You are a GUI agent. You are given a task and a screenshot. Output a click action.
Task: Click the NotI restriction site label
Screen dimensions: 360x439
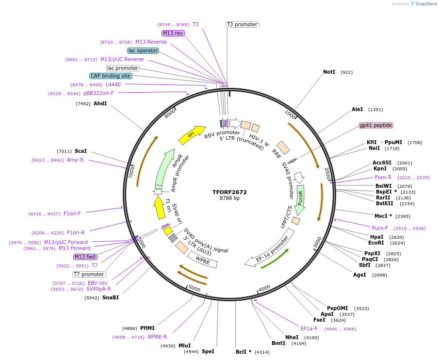(329, 72)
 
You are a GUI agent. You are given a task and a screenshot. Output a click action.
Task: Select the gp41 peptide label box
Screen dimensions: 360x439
(376, 125)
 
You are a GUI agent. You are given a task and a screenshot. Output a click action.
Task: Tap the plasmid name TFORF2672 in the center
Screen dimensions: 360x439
(229, 192)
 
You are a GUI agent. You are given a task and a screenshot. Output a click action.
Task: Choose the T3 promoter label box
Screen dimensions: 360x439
(242, 24)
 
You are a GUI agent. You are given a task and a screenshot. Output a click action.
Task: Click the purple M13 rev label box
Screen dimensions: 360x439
(173, 33)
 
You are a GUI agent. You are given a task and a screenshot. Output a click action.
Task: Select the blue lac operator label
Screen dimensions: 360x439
(143, 50)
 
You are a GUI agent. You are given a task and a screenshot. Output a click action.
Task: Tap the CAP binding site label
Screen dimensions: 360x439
(111, 76)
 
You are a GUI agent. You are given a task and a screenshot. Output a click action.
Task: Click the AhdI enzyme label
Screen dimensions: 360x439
(100, 103)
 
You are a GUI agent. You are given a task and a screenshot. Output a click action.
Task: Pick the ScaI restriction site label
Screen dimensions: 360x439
(81, 151)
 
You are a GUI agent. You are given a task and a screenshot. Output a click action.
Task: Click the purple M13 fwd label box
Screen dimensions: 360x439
(85, 257)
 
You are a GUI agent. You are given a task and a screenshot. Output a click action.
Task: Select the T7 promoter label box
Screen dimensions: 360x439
(89, 274)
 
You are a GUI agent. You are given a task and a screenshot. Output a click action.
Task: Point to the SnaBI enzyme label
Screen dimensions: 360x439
(110, 297)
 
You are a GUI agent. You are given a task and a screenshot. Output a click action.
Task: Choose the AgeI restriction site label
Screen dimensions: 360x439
(359, 275)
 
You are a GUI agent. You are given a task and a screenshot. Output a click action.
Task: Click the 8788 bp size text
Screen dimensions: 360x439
(229, 198)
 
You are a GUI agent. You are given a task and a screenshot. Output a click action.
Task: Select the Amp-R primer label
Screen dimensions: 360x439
(75, 160)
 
